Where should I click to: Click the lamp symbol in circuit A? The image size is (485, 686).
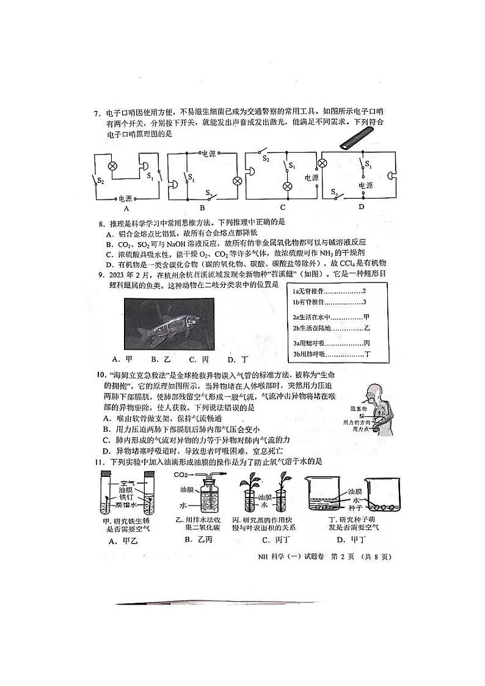pos(112,166)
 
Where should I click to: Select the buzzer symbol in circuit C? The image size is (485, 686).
pos(251,174)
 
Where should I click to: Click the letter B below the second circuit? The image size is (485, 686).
pos(202,207)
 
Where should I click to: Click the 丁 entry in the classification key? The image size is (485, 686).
pos(367,354)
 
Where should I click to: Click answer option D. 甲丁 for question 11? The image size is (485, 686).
pos(352,539)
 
